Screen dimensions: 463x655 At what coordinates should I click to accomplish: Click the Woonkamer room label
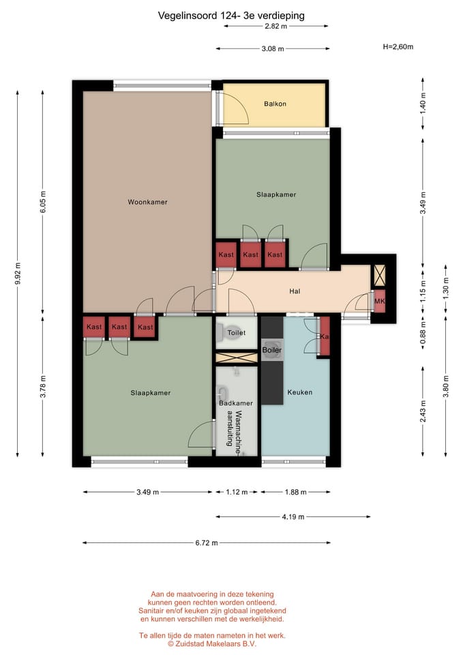tap(147, 202)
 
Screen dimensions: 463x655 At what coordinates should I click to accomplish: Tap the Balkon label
tap(275, 104)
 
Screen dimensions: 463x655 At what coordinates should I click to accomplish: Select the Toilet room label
tap(237, 333)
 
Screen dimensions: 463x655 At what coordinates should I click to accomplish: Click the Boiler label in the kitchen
tap(272, 350)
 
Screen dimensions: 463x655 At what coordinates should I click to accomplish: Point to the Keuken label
tap(300, 392)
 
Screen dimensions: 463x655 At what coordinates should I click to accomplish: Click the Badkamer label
tap(236, 403)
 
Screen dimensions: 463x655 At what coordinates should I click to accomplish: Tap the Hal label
tap(295, 291)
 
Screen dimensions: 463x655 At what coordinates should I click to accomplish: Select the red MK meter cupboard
tap(380, 301)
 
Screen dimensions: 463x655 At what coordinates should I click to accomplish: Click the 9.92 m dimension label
tap(18, 274)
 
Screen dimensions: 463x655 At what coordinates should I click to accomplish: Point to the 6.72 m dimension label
tap(206, 543)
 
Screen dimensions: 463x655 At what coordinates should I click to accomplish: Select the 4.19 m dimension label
tap(293, 516)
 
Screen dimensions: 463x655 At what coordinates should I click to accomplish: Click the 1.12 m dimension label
tap(237, 492)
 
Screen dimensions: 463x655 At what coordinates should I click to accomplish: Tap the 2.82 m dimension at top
tap(276, 26)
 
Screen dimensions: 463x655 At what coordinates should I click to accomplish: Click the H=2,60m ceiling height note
tap(398, 47)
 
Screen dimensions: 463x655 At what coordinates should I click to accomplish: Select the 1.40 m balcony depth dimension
tap(423, 104)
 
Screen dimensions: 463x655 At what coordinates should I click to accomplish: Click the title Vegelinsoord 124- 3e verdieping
tap(231, 16)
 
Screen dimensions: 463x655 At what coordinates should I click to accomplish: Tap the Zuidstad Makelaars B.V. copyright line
tap(212, 643)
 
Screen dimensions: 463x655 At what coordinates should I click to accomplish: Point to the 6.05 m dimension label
tap(43, 202)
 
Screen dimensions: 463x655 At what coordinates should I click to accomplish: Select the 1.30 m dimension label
tap(446, 288)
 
